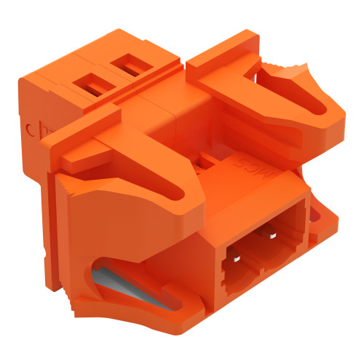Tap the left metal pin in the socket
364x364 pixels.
click(x=237, y=257)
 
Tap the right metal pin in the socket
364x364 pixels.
click(x=272, y=235)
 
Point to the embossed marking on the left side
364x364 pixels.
click(x=33, y=130)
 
